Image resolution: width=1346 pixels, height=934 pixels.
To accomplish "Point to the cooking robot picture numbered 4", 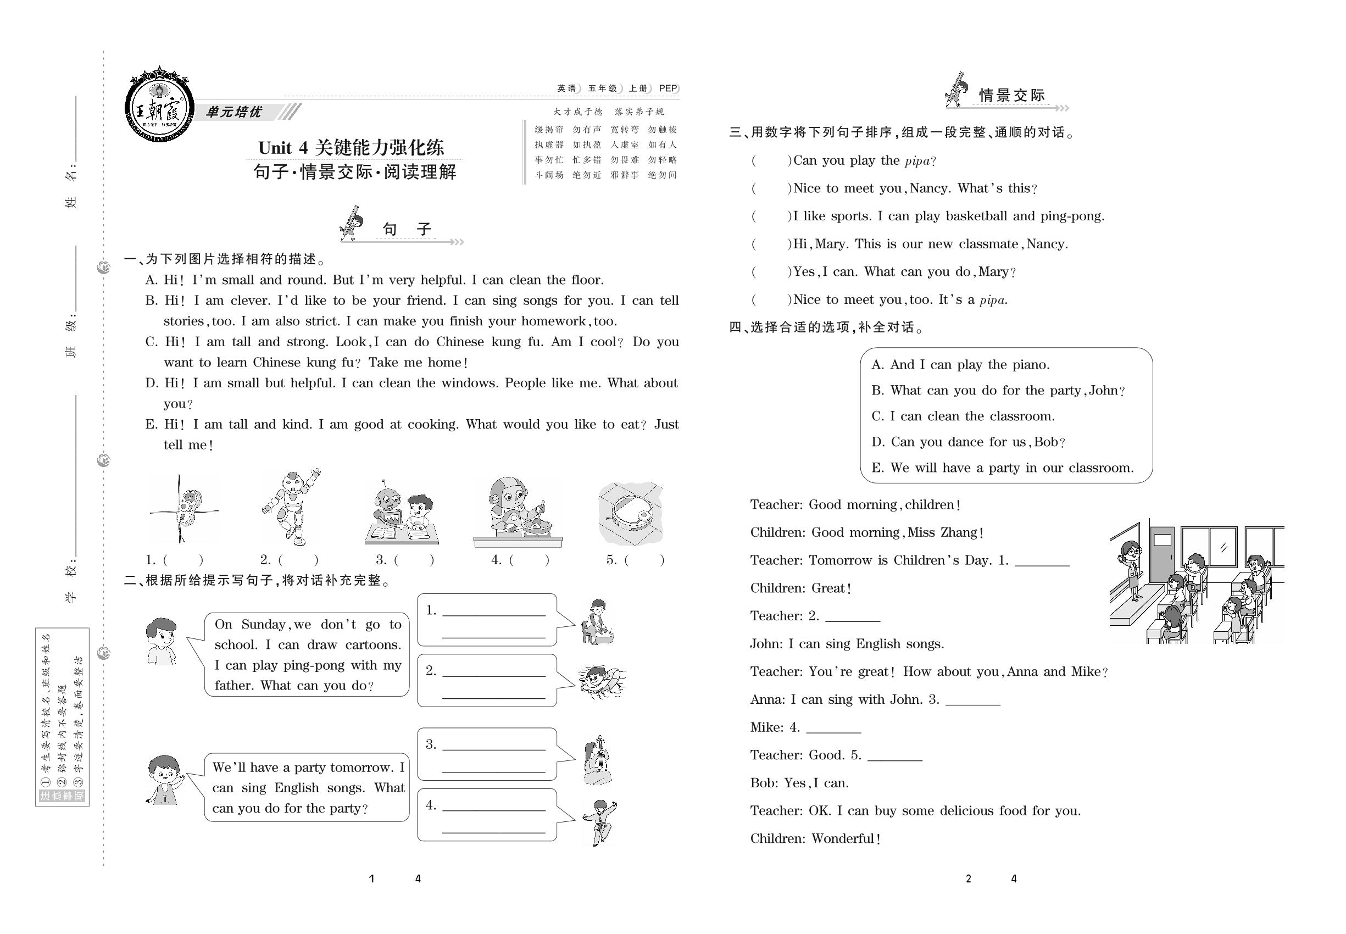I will [x=518, y=512].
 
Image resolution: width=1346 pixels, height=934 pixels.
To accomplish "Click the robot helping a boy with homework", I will [x=402, y=512].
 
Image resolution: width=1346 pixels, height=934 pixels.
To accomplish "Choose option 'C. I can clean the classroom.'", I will [x=963, y=416].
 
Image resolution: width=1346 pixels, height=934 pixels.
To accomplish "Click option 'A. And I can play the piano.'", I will [x=960, y=365].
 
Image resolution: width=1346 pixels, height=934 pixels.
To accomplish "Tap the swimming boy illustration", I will [x=600, y=681].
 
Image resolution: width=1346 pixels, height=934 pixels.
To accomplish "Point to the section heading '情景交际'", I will [x=1012, y=96].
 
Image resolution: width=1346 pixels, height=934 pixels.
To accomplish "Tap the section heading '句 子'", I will [x=406, y=229].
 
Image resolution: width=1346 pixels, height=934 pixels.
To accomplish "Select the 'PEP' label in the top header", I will [x=668, y=88].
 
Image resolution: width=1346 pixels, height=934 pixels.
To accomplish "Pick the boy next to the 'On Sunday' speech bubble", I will [x=162, y=641].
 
